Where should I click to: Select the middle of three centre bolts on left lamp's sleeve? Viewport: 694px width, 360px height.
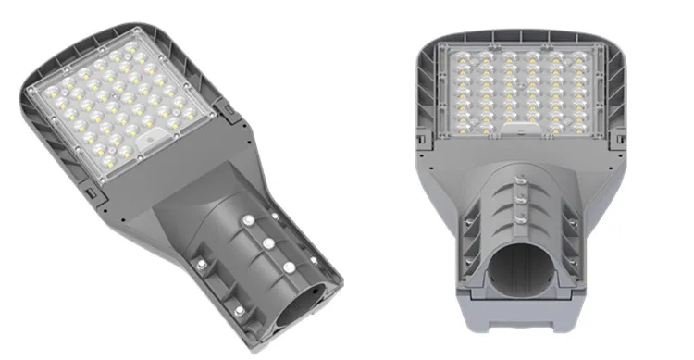267,242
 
